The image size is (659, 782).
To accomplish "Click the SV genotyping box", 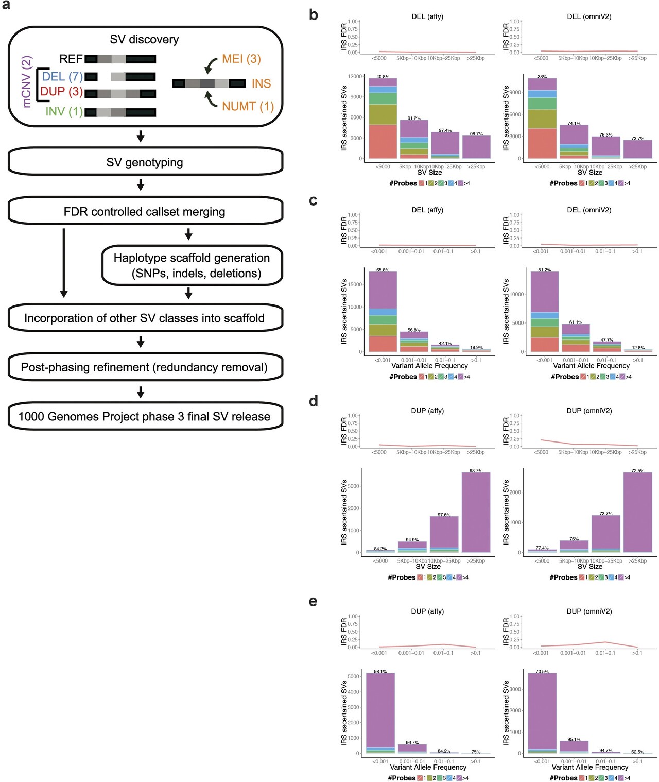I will click(145, 162).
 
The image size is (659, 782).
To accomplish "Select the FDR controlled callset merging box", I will click(145, 212).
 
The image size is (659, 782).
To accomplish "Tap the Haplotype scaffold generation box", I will click(192, 265).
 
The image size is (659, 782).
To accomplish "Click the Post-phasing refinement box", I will click(145, 367).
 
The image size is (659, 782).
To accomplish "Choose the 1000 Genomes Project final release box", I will click(145, 416).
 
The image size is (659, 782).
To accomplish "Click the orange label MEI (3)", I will click(241, 59).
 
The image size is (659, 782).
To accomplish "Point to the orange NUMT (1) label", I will click(248, 106).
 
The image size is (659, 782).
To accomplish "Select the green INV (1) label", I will click(64, 111).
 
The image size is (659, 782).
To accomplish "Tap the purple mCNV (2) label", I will click(27, 81).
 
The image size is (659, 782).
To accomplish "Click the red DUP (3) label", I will click(61, 92).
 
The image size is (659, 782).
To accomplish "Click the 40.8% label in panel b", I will click(383, 77).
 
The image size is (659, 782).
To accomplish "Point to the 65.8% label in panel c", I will click(383, 270).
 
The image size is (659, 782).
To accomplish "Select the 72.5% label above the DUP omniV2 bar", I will click(637, 470).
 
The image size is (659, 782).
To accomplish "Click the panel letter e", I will click(313, 602).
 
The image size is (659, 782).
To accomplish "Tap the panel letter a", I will click(6, 6).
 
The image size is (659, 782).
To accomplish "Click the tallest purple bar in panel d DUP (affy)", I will click(476, 513).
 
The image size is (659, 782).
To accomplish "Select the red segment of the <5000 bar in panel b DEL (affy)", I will click(383, 141).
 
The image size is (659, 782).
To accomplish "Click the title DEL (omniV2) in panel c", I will click(589, 210).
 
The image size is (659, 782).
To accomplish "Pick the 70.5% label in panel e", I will click(542, 671).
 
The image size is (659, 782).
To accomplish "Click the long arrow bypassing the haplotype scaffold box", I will click(63, 263).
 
